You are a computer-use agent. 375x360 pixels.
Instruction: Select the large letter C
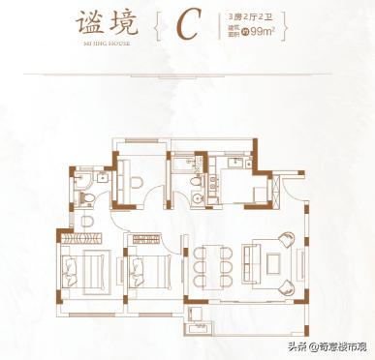[x=186, y=26]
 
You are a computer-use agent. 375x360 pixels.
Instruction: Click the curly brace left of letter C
[x=156, y=26]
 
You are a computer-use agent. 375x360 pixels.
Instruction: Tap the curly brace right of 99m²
[x=287, y=26]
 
